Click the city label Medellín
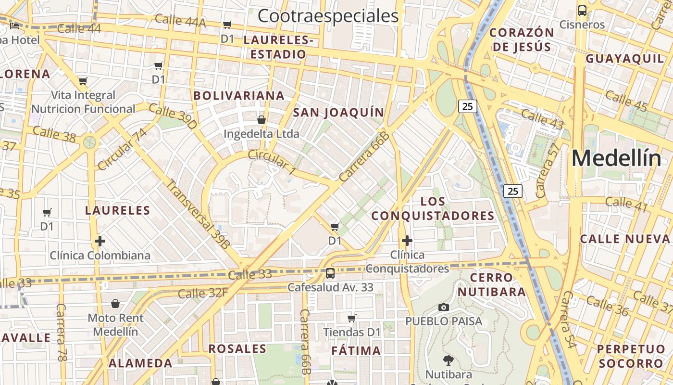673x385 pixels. click(x=616, y=158)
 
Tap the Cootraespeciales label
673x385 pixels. click(x=328, y=16)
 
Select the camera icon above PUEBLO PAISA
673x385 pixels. click(x=444, y=307)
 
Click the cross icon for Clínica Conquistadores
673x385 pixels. click(x=407, y=240)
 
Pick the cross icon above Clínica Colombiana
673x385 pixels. click(x=100, y=241)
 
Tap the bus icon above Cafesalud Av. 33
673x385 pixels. click(x=330, y=273)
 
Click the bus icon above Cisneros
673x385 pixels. click(x=582, y=10)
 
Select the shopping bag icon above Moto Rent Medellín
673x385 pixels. click(x=115, y=304)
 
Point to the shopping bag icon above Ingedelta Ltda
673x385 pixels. click(x=262, y=119)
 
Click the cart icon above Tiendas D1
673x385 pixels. click(x=352, y=318)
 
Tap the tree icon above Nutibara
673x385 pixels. click(x=449, y=360)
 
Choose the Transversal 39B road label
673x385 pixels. click(x=198, y=214)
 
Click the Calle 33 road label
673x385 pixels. click(x=250, y=274)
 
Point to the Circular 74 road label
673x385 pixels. click(x=122, y=149)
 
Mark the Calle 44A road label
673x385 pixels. click(x=180, y=21)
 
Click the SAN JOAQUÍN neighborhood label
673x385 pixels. click(x=339, y=113)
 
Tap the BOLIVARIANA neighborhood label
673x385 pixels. click(x=239, y=95)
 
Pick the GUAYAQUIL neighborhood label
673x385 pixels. click(x=624, y=59)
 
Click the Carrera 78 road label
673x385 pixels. click(x=61, y=332)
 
